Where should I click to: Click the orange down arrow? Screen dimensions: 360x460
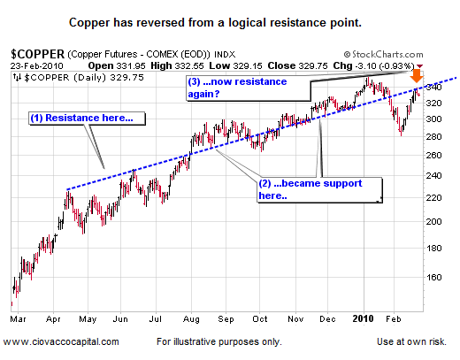416,77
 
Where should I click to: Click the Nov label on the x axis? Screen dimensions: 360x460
296,316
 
